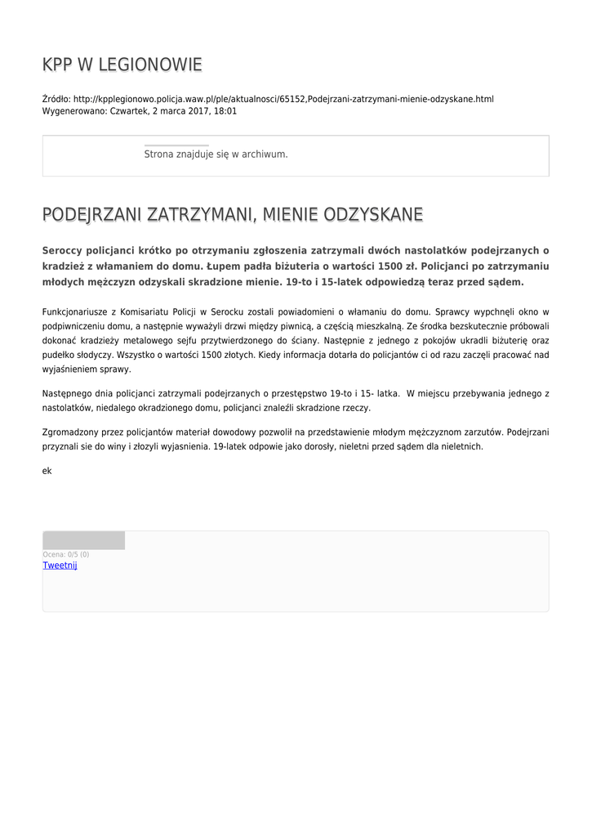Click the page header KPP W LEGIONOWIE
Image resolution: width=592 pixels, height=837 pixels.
122,65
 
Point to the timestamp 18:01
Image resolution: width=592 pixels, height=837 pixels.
225,111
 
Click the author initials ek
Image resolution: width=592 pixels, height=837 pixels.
47,471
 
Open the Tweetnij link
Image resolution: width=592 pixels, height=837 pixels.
60,565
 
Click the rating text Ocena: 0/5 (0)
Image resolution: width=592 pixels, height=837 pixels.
66,554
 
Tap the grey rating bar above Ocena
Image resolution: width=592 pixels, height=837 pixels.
83,540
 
